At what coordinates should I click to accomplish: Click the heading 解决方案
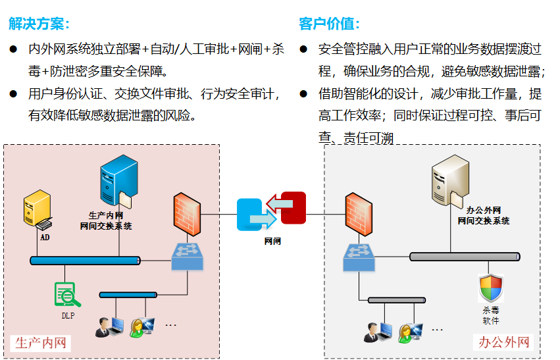[39, 24]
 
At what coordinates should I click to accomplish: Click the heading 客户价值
[329, 24]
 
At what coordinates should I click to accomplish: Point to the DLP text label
[68, 315]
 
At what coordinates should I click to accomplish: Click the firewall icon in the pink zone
[187, 214]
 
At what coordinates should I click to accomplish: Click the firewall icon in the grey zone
[359, 214]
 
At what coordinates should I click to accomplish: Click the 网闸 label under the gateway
[272, 242]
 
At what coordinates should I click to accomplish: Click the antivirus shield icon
[490, 288]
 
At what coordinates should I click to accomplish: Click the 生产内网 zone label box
[41, 343]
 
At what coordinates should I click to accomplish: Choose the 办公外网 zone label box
[503, 342]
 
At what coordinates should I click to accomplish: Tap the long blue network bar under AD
[85, 261]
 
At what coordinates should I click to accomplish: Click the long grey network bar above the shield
[464, 257]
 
